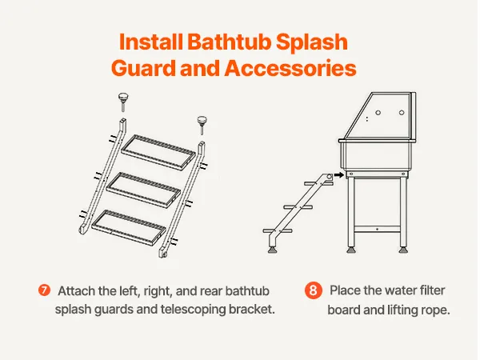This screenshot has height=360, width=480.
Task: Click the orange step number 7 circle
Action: click(x=44, y=290)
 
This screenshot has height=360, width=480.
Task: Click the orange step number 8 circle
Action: click(x=313, y=290)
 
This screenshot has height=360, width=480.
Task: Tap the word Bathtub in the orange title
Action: click(x=229, y=42)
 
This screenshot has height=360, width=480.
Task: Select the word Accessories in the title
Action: click(x=290, y=68)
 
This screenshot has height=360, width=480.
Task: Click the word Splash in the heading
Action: click(x=312, y=42)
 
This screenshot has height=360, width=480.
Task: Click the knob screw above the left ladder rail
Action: click(x=123, y=102)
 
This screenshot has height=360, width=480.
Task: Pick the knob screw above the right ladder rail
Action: click(x=202, y=124)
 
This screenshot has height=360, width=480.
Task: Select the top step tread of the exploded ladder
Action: click(x=158, y=151)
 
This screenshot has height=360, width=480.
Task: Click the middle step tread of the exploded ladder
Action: click(x=143, y=190)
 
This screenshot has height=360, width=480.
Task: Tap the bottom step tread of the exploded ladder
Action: click(x=129, y=227)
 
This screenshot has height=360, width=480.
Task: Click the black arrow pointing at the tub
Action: click(x=339, y=174)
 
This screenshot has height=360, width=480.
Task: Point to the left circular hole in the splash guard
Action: click(x=378, y=113)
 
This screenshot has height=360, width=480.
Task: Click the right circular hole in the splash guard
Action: click(x=402, y=113)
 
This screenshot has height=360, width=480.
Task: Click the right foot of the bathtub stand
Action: click(x=403, y=249)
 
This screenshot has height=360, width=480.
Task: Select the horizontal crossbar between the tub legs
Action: click(x=377, y=229)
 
